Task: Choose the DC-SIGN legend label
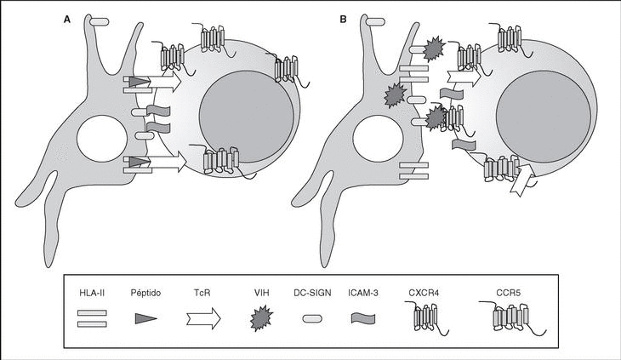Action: coord(313,292)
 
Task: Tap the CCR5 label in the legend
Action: coord(504,292)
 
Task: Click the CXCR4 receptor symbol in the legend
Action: coord(430,319)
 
